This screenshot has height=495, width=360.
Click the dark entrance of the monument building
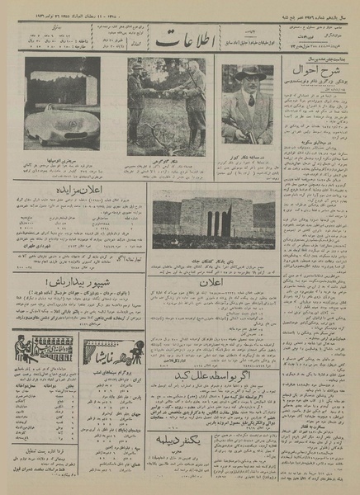coord(213,223)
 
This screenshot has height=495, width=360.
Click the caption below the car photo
coord(62,165)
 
